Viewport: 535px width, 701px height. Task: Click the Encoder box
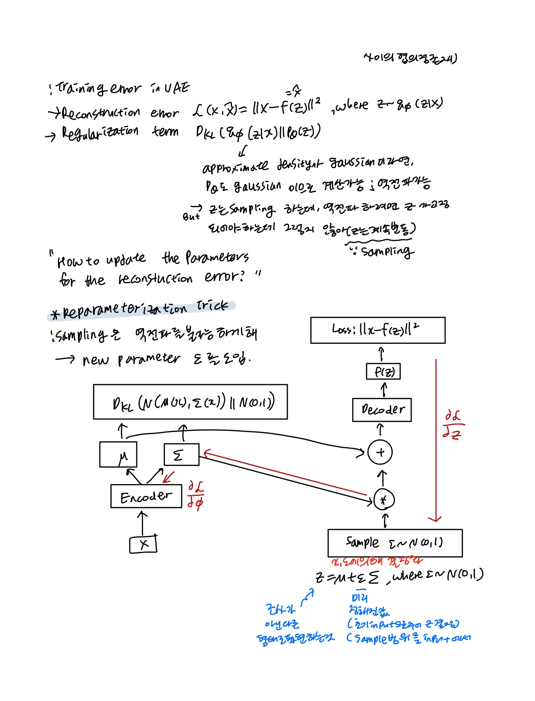click(146, 496)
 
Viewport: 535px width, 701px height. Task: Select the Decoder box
click(382, 410)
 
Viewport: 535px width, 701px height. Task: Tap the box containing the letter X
click(143, 545)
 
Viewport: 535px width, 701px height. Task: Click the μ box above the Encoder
click(118, 455)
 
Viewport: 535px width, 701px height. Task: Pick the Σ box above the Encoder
click(181, 454)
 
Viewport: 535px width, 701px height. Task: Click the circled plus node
click(380, 452)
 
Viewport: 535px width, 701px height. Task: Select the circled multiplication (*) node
click(384, 500)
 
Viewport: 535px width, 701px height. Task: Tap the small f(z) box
click(383, 372)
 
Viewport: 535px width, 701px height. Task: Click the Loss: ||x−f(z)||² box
click(378, 330)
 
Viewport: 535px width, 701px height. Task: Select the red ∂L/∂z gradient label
click(453, 425)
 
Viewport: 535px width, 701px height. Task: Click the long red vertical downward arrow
click(436, 441)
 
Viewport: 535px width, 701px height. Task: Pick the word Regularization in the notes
click(100, 132)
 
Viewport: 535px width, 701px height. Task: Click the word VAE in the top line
click(176, 88)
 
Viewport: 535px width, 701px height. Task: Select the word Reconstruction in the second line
click(101, 113)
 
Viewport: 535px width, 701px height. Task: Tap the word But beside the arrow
click(191, 217)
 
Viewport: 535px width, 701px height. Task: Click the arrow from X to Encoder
click(143, 523)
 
